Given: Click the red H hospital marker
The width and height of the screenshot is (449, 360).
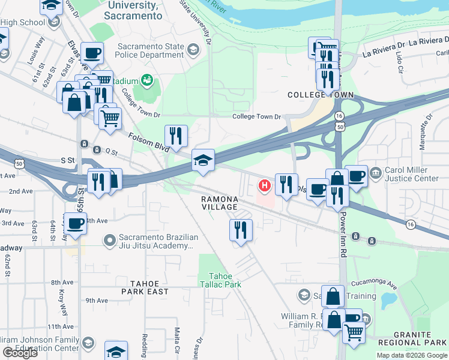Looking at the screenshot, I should tap(262, 184).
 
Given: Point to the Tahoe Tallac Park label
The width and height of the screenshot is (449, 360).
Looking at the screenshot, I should tap(220, 279).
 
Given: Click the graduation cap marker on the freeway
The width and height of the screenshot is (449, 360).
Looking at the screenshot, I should tap(203, 160).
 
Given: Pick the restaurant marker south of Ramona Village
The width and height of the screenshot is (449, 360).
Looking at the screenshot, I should tap(241, 230).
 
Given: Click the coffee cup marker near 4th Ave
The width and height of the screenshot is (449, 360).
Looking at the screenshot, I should tap(76, 224).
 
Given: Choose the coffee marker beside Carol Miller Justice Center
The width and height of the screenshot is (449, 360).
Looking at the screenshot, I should tap(356, 176).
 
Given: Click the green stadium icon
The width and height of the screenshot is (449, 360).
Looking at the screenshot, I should tap(146, 80).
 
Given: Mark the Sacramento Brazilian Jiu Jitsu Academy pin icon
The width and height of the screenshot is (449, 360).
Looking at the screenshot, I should tap(109, 241).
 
